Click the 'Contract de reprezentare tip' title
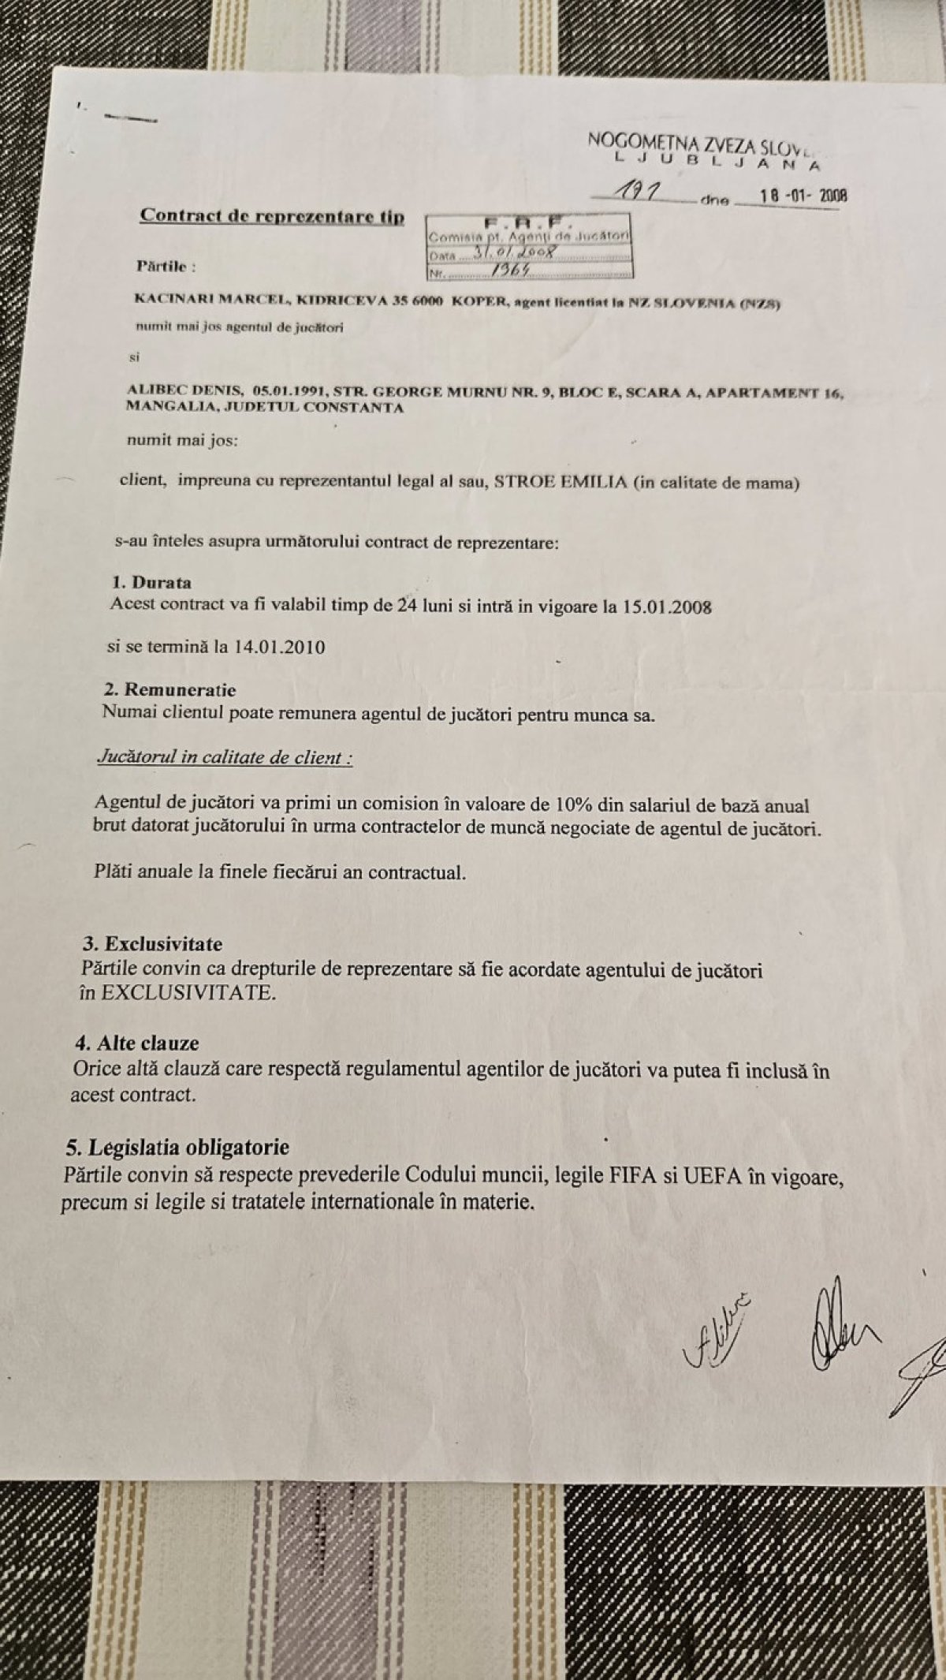(x=272, y=216)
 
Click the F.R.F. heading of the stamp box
(x=527, y=223)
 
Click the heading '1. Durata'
(x=151, y=583)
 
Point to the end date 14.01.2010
(x=280, y=647)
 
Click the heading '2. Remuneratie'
(x=169, y=690)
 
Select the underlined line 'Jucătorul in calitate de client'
(x=224, y=758)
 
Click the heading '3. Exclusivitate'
(x=153, y=944)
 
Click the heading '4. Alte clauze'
(x=137, y=1043)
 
